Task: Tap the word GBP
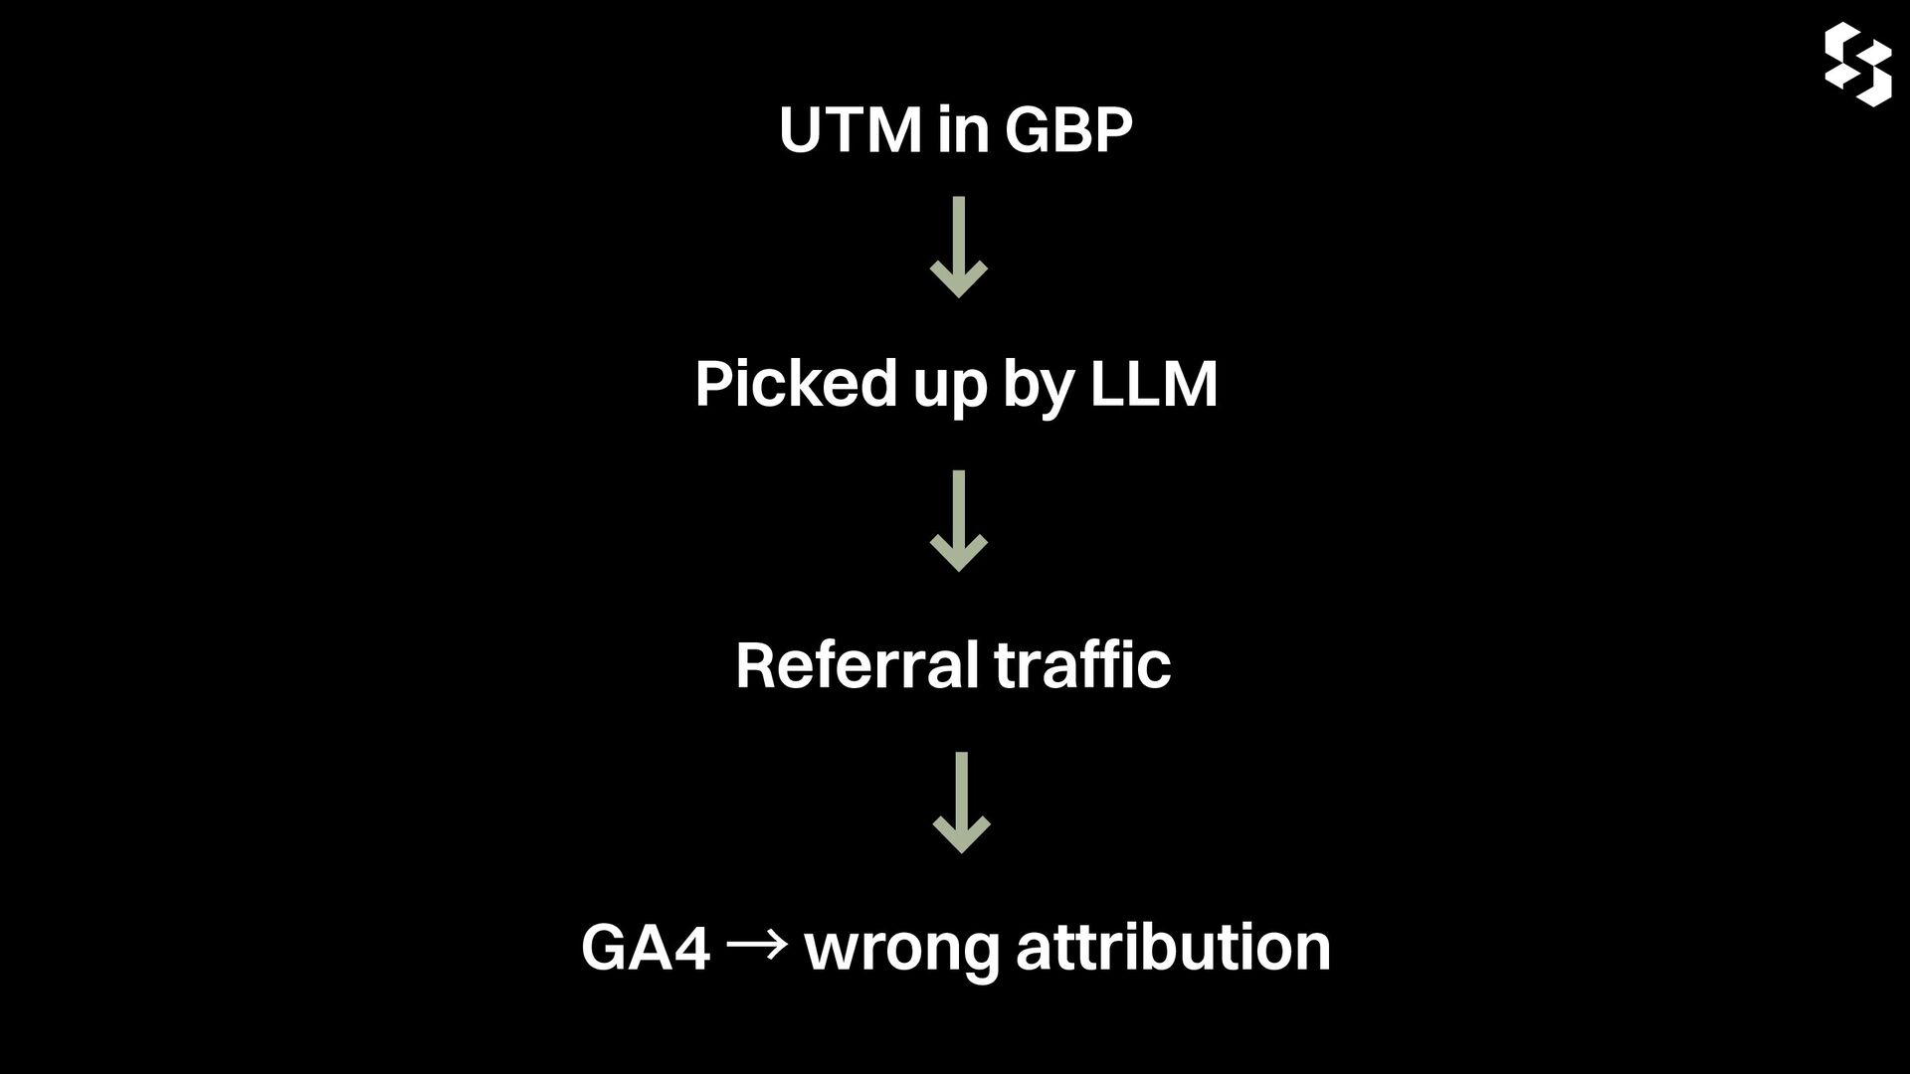click(1068, 130)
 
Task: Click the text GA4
click(645, 947)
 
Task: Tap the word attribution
click(1173, 947)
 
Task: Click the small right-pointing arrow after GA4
click(757, 946)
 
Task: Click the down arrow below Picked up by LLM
click(959, 521)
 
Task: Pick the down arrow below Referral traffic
click(961, 803)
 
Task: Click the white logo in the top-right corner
click(1857, 65)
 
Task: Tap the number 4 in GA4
click(691, 947)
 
